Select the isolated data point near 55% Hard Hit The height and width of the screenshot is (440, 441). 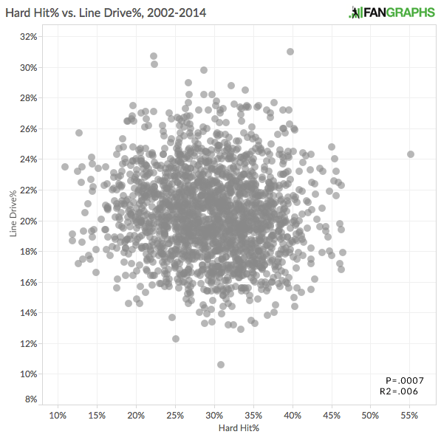pyautogui.click(x=411, y=154)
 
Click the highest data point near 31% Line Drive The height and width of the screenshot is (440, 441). pyautogui.click(x=290, y=52)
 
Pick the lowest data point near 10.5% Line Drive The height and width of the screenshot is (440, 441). pyautogui.click(x=221, y=365)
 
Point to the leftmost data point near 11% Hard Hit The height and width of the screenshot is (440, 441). pyautogui.click(x=65, y=167)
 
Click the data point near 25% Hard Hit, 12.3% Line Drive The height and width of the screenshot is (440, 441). pyautogui.click(x=176, y=339)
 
